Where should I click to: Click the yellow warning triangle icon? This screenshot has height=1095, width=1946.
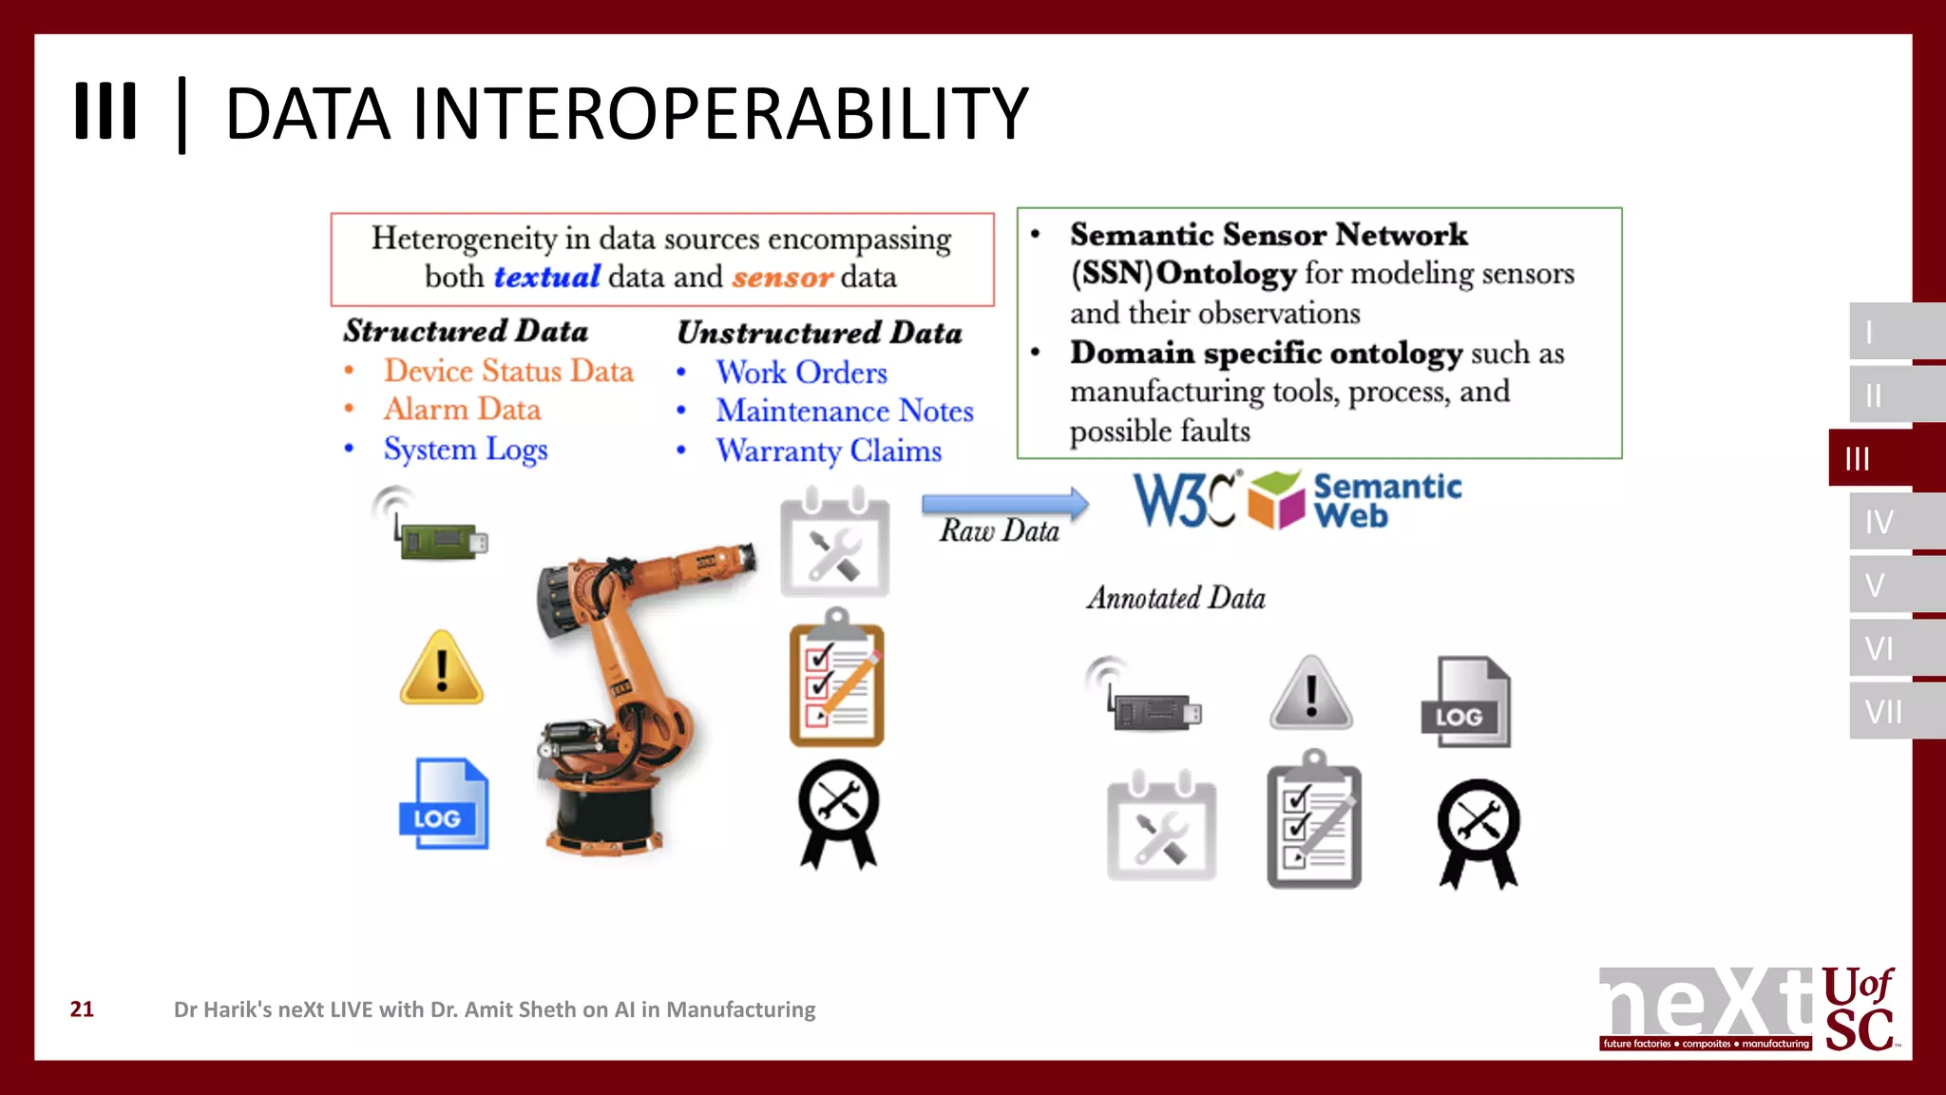(x=442, y=669)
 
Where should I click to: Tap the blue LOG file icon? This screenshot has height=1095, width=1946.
(x=443, y=804)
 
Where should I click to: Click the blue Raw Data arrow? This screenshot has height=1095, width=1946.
(x=1004, y=504)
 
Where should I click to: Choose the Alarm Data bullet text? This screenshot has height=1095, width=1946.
(x=462, y=410)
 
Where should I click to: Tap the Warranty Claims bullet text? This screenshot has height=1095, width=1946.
(x=828, y=451)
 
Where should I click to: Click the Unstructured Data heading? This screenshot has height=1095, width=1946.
(x=819, y=333)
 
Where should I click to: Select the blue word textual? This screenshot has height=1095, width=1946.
(x=546, y=277)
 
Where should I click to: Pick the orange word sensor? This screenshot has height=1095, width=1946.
(x=782, y=277)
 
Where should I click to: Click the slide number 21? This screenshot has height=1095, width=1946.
(x=82, y=1009)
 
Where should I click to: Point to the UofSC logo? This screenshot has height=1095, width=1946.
(x=1859, y=1009)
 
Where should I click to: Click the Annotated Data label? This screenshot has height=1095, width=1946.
(x=1175, y=598)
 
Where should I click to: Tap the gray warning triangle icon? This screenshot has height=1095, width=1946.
(x=1311, y=694)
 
